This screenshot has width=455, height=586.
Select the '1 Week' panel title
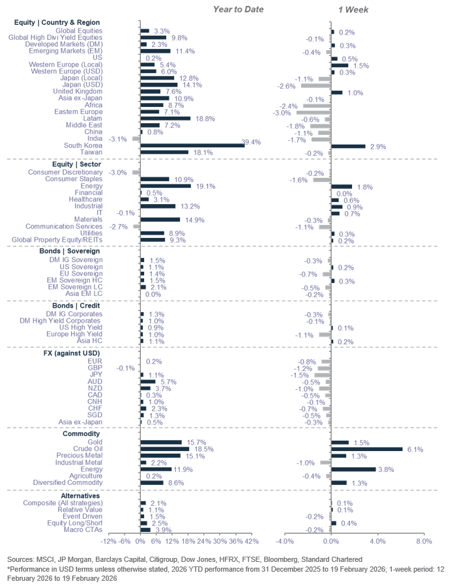pyautogui.click(x=353, y=10)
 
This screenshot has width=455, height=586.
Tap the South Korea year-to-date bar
pyautogui.click(x=192, y=145)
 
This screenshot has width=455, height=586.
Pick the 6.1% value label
pyautogui.click(x=415, y=449)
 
